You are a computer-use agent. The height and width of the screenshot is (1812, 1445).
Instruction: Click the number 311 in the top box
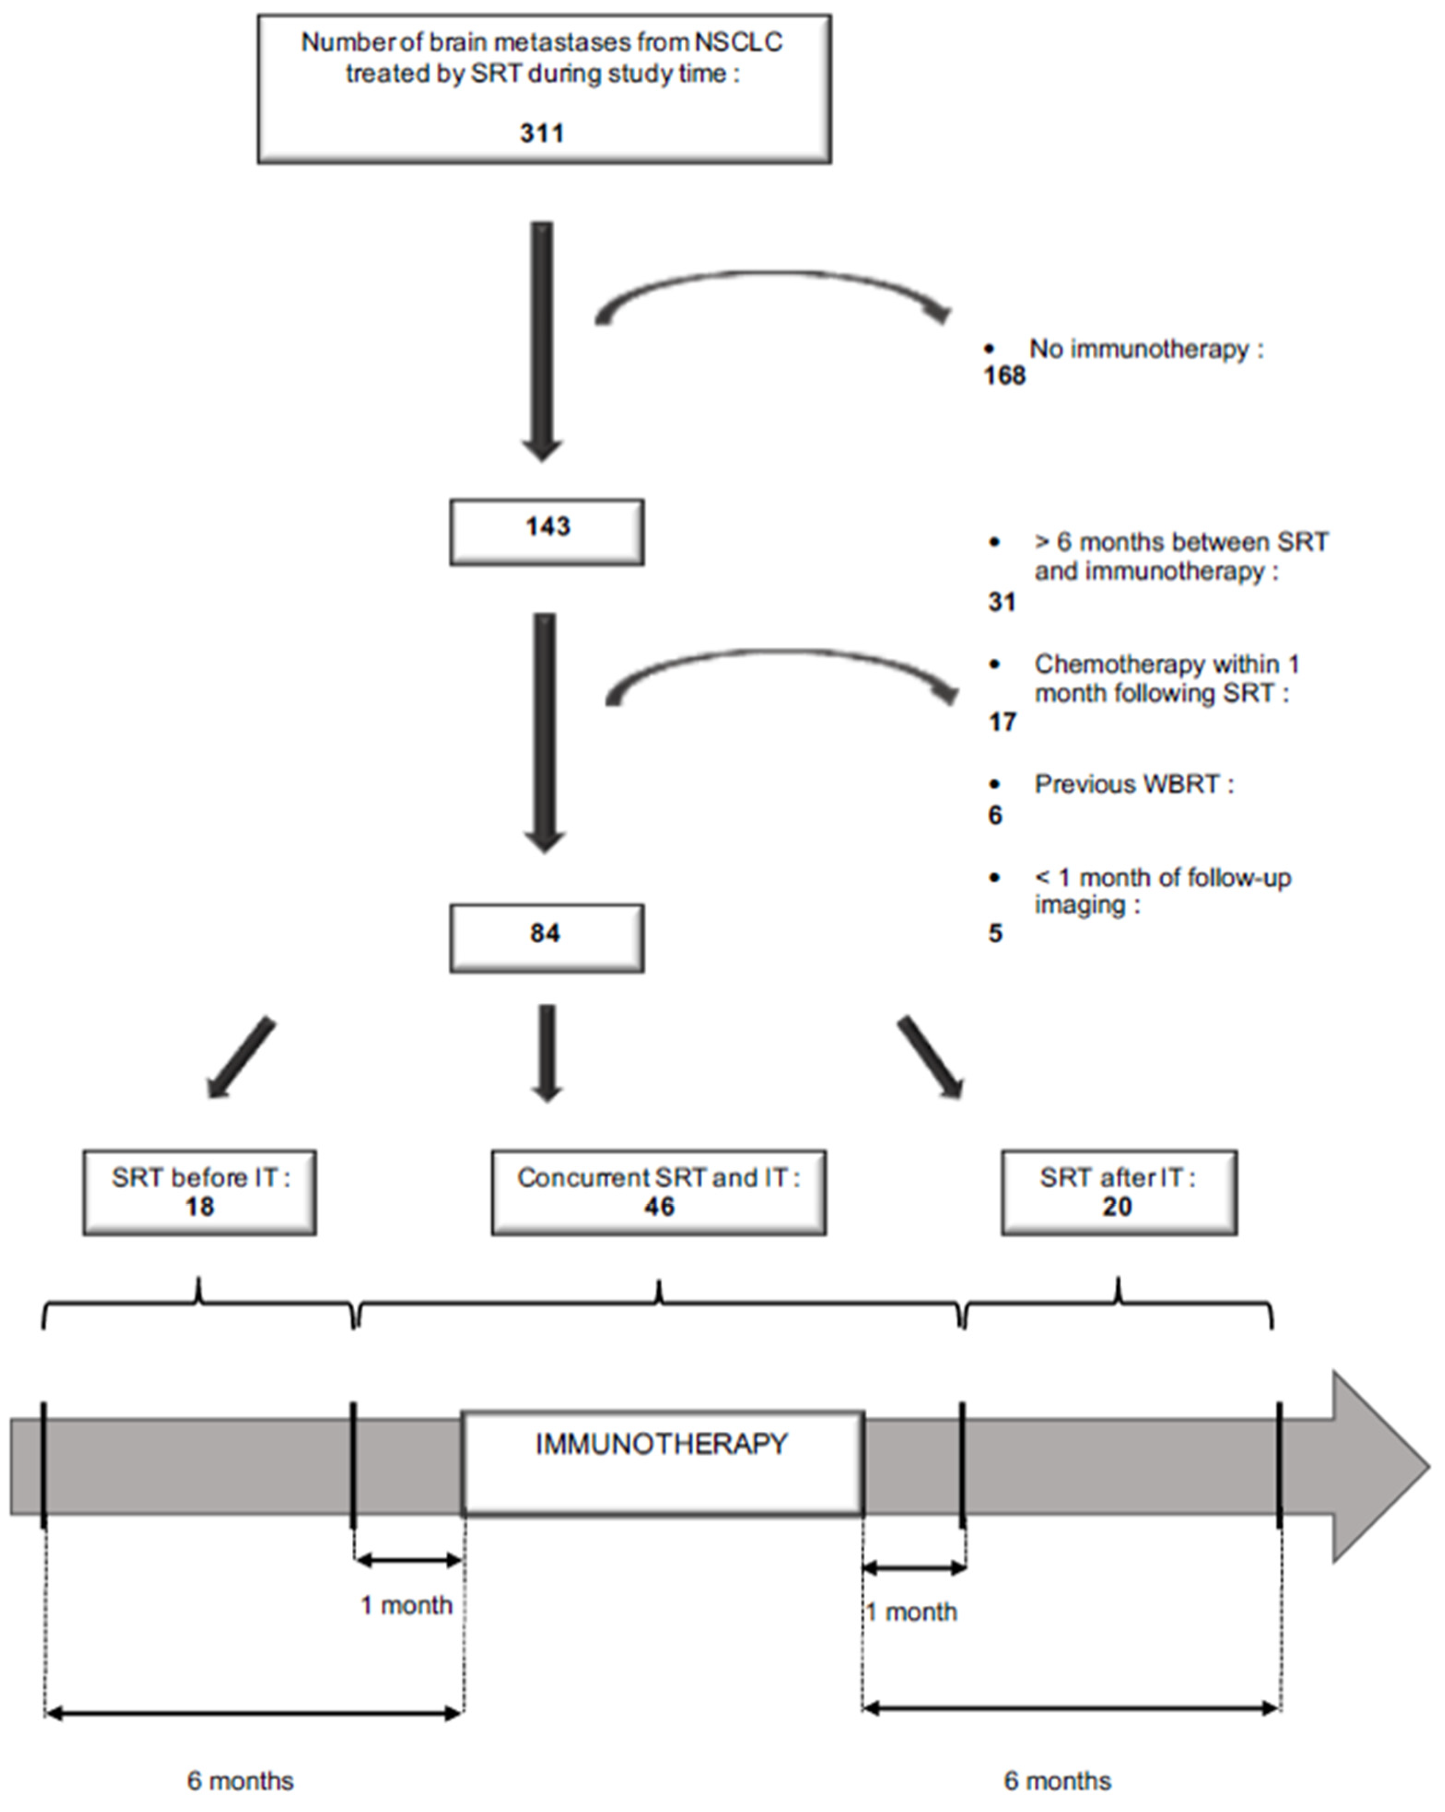542,133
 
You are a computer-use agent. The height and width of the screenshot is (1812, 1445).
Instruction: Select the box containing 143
547,531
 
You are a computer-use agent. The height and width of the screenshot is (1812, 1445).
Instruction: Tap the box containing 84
547,937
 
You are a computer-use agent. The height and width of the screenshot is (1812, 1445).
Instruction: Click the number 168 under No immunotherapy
1004,376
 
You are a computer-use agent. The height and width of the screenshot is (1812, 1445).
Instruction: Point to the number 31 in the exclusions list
1001,602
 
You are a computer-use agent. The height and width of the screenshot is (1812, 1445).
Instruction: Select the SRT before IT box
199,1192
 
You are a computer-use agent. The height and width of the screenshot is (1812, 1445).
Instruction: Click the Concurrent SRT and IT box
658,1192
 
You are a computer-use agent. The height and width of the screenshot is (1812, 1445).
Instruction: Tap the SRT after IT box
1118,1192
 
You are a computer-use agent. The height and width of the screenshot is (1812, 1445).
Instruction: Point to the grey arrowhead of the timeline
1379,1467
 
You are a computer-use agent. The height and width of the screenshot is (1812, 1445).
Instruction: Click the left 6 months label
240,1780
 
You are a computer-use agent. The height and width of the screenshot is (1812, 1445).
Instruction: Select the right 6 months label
1057,1780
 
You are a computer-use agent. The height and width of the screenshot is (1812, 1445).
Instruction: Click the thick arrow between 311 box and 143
542,336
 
